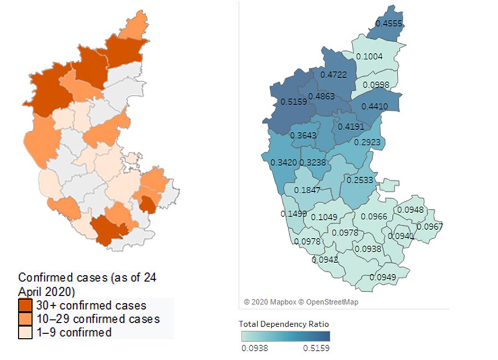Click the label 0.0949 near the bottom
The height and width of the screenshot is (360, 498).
383,277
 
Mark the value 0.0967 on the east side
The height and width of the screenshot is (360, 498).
430,227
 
